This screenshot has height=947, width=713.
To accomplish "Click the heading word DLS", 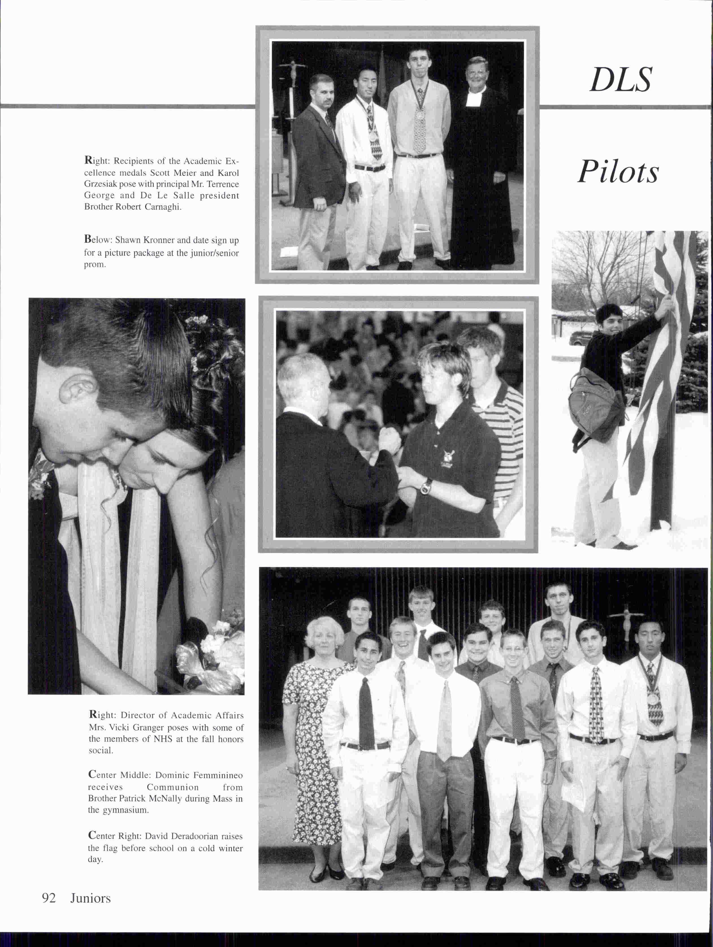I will pyautogui.click(x=621, y=80).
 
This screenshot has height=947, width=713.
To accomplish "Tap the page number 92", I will pyautogui.click(x=49, y=898).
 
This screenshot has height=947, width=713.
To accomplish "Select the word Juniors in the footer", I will pyautogui.click(x=90, y=898).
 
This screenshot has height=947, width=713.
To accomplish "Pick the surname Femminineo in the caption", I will pyautogui.click(x=218, y=775).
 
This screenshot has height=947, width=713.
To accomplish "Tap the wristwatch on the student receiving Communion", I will pyautogui.click(x=426, y=486).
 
